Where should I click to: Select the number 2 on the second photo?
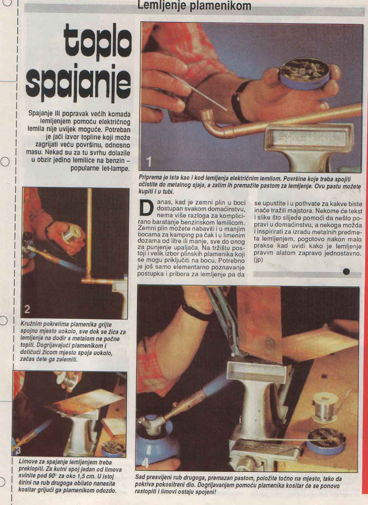[27, 309]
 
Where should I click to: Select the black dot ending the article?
[346, 272]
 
